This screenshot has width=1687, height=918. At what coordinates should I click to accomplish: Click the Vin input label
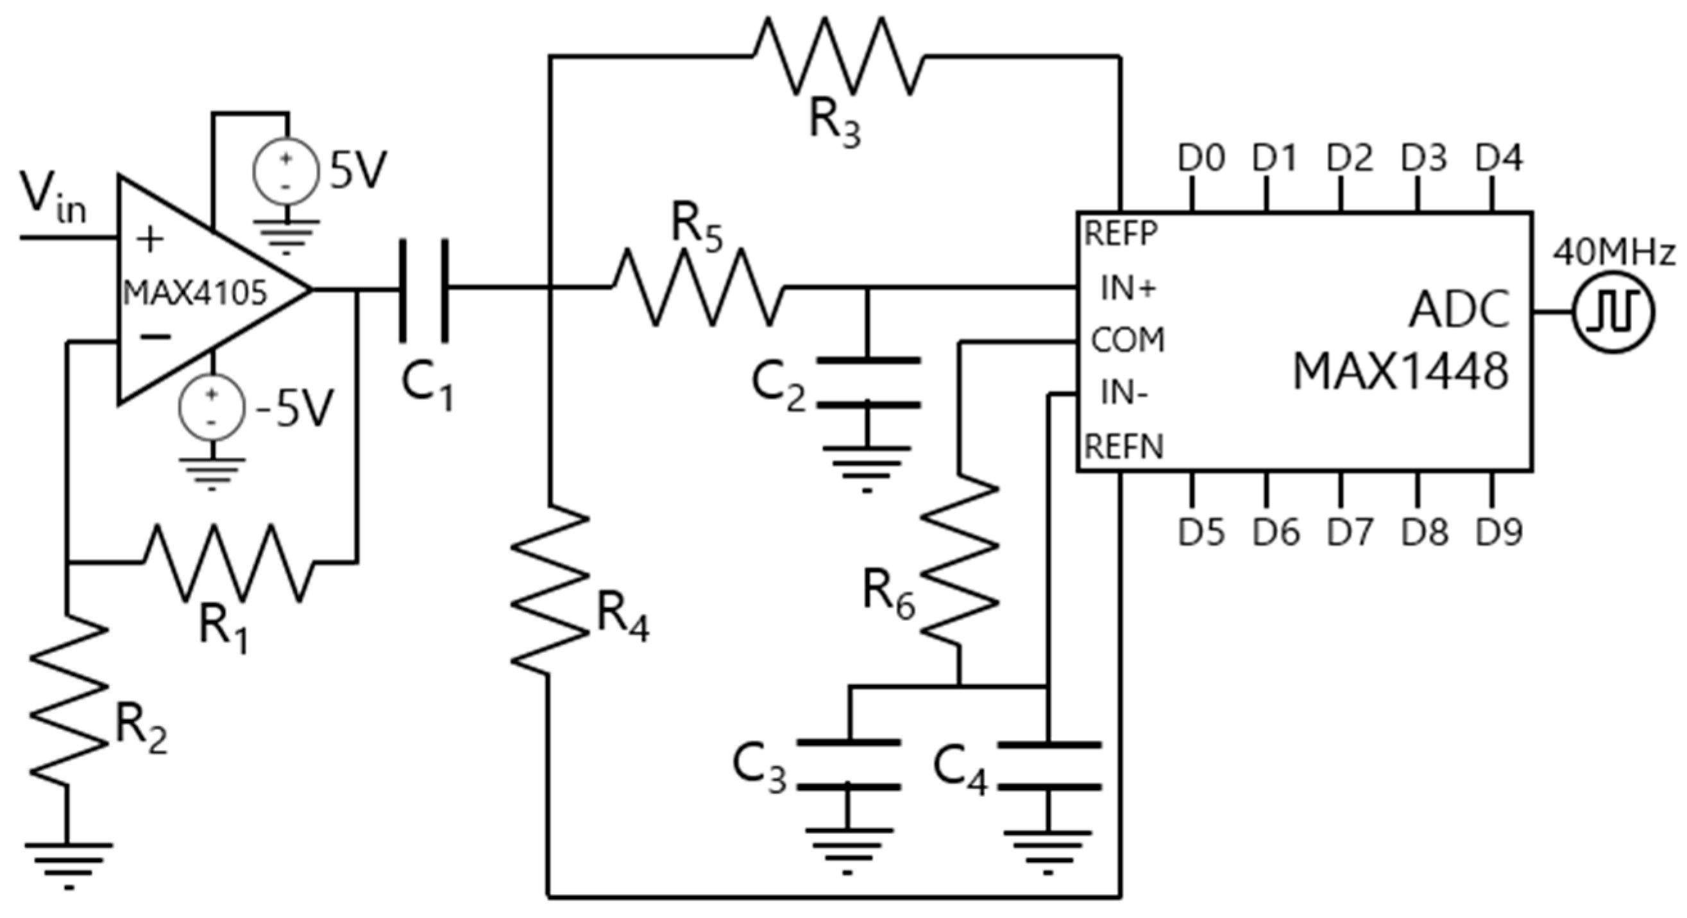[x=53, y=197]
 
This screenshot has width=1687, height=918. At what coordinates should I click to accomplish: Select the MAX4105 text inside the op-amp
[x=195, y=293]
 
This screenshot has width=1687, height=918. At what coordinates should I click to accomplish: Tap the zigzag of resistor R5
[x=698, y=287]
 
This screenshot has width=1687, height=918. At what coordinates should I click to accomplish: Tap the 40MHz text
[x=1614, y=254]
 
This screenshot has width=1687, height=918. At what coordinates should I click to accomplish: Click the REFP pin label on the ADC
[x=1121, y=233]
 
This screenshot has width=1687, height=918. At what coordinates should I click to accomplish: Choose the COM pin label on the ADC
[x=1127, y=340]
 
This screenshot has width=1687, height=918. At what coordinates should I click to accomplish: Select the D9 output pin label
[x=1499, y=532]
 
